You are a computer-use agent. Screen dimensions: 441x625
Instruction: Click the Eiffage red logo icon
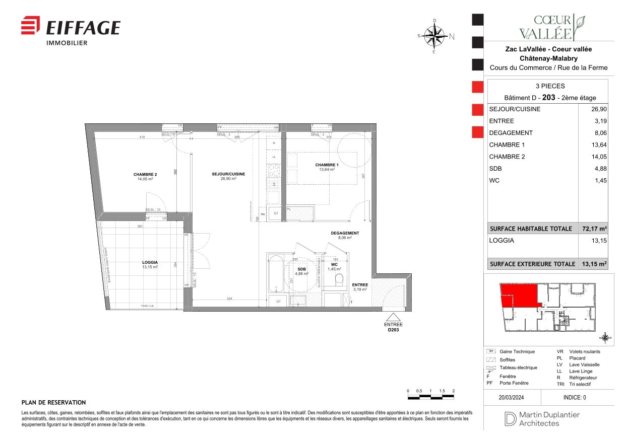(x=30, y=26)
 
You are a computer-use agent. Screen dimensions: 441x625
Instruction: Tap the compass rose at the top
(x=434, y=36)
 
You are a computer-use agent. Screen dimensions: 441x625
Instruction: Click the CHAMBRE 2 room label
(x=145, y=174)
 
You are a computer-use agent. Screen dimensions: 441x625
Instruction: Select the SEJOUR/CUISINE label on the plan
(x=228, y=174)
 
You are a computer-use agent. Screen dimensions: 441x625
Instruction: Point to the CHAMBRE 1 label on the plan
(x=327, y=165)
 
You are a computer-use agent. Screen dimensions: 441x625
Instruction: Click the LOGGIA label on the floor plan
(x=150, y=262)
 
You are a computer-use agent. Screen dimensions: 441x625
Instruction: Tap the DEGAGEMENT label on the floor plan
(x=345, y=233)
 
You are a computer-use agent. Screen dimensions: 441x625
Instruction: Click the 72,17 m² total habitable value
(x=595, y=229)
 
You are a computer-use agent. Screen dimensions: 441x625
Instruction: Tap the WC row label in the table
(x=494, y=181)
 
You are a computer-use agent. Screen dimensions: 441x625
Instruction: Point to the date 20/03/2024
(x=512, y=397)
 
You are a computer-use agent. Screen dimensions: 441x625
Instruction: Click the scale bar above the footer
(x=430, y=398)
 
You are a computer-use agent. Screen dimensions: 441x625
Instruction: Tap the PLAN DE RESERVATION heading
(x=54, y=403)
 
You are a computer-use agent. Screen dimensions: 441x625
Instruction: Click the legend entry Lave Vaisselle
(x=584, y=364)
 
